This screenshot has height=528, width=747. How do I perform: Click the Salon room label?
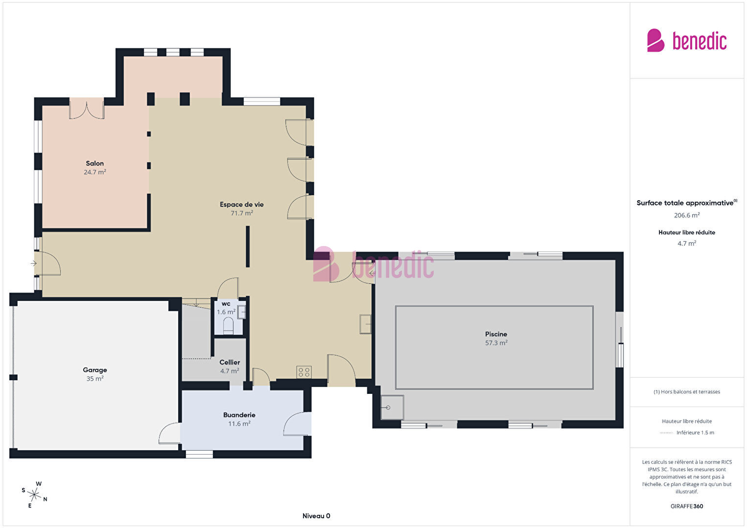tap(94, 163)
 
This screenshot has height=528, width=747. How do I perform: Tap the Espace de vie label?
tap(241, 205)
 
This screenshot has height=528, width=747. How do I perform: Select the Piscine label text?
tap(496, 334)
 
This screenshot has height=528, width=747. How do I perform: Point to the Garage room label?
tap(94, 370)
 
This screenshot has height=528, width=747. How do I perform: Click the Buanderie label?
tap(239, 415)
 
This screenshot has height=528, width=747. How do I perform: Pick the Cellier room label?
tap(230, 362)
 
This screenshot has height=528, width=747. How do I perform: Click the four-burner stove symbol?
tap(304, 372)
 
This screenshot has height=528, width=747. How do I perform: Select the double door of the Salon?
tap(87, 109)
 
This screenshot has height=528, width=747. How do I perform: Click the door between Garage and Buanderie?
tap(170, 434)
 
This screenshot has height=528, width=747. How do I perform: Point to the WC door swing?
tap(228, 288)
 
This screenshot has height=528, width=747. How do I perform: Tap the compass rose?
tap(34, 495)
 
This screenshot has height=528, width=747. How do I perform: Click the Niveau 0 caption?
tap(316, 516)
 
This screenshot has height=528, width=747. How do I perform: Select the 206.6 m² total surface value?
tap(687, 215)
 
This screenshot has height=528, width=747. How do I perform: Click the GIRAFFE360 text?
tap(687, 506)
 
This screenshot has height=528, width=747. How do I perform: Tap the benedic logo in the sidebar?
tap(687, 40)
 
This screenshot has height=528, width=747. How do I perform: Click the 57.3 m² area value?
tap(496, 343)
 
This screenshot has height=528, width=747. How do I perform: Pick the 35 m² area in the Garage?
tap(94, 379)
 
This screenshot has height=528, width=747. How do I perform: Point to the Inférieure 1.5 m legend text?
tap(695, 433)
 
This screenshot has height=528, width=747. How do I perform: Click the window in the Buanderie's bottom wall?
tap(199, 454)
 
